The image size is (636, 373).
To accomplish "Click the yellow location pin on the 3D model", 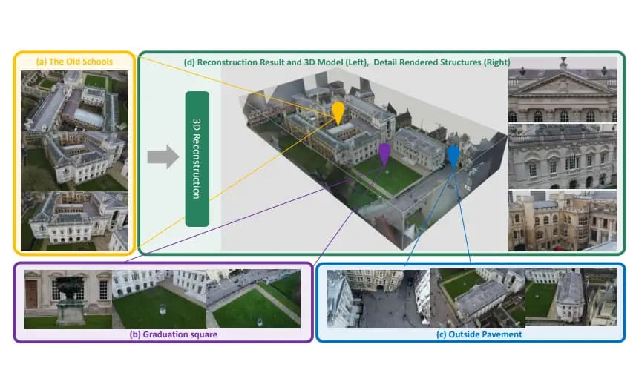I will pyautogui.click(x=338, y=111).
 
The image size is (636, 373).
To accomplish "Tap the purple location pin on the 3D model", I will pyautogui.click(x=384, y=152).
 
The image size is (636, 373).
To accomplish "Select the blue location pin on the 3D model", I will pyautogui.click(x=453, y=153).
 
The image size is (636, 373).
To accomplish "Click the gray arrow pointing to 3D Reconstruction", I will pyautogui.click(x=163, y=156).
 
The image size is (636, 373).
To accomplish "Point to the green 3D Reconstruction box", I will pyautogui.click(x=197, y=159).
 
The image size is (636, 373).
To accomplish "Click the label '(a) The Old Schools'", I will pyautogui.click(x=74, y=62).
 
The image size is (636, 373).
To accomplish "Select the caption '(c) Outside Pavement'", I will pyautogui.click(x=471, y=334).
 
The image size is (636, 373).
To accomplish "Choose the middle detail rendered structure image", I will pyautogui.click(x=562, y=156).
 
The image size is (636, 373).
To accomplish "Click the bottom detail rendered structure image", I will pyautogui.click(x=562, y=220).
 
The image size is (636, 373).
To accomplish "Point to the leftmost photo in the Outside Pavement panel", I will pyautogui.click(x=377, y=298).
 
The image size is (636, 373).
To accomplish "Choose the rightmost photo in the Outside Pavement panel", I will pyautogui.click(x=571, y=298).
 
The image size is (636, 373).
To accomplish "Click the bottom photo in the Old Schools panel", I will pyautogui.click(x=74, y=220).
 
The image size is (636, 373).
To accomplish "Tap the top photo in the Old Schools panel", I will pyautogui.click(x=74, y=130).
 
